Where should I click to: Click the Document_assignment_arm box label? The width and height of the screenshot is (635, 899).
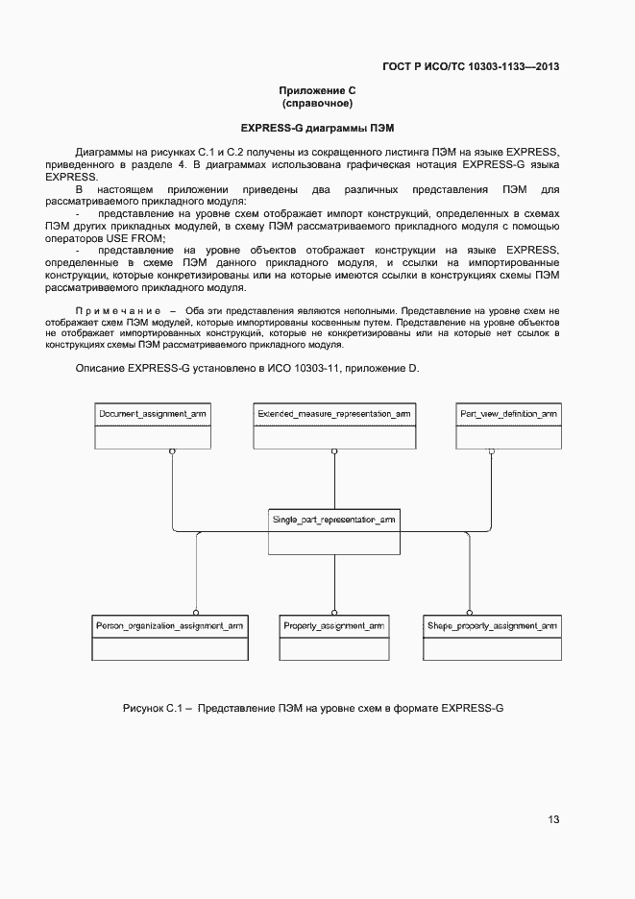[153, 413]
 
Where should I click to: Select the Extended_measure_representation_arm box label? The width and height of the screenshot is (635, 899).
[333, 413]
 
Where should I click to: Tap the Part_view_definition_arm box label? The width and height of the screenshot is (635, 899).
[508, 413]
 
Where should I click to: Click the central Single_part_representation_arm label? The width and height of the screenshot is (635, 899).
[333, 520]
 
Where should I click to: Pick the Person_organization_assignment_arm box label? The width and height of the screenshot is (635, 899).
[169, 625]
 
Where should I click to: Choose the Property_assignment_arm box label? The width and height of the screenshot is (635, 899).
[333, 625]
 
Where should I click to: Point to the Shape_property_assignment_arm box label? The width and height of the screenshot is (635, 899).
[492, 625]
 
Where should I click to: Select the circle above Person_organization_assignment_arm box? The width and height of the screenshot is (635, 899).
[196, 611]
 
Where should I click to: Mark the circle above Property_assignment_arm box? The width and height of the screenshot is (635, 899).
[333, 611]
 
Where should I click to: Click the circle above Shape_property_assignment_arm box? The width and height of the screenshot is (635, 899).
[470, 611]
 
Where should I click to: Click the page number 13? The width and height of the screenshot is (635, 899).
[553, 819]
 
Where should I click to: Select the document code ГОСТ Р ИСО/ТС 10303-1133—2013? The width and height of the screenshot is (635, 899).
[471, 66]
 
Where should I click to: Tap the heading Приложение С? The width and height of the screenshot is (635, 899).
[317, 90]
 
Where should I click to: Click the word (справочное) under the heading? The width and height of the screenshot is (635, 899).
[317, 103]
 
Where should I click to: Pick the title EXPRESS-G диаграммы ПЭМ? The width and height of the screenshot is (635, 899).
[317, 128]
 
